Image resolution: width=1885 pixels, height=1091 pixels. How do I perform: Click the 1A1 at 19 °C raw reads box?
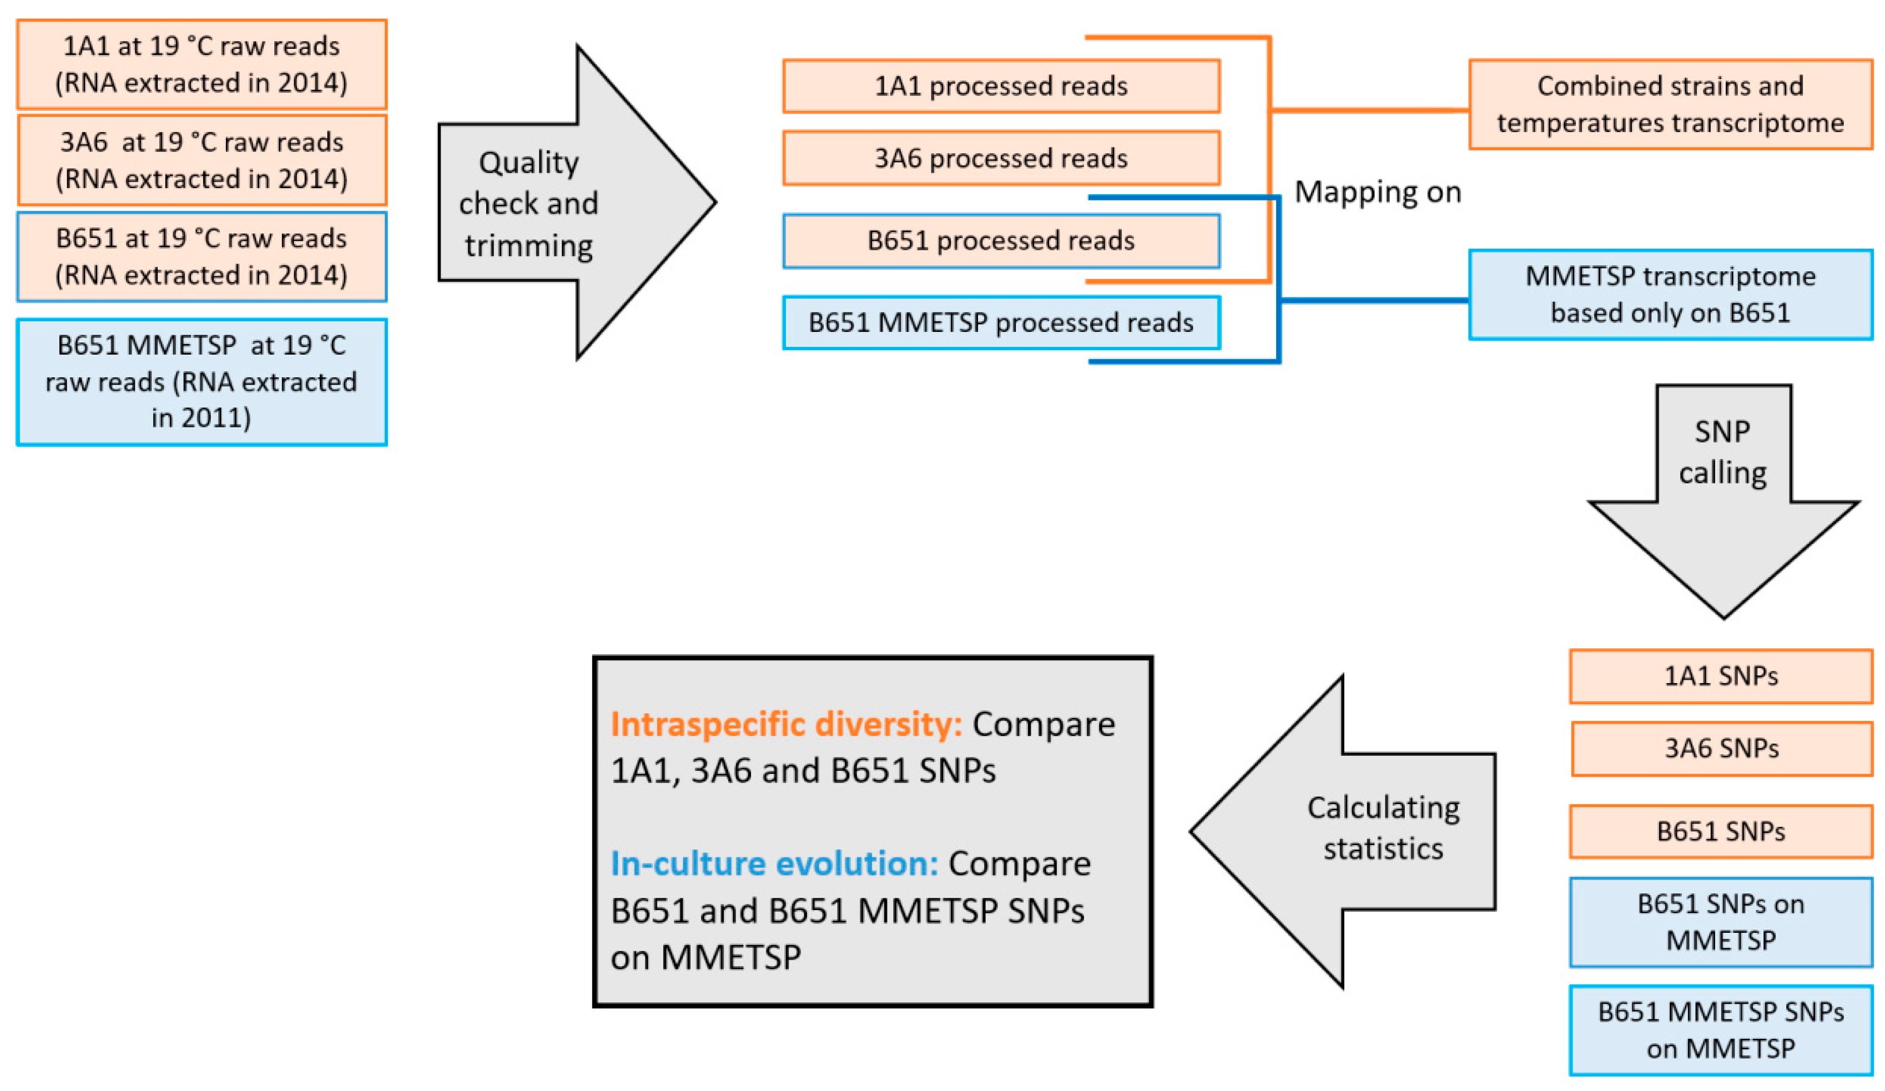(201, 64)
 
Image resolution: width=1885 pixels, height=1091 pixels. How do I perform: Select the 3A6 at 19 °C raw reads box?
(201, 160)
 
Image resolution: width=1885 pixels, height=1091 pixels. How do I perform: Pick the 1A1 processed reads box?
(1001, 86)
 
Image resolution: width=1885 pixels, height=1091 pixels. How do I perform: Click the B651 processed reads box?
(1001, 241)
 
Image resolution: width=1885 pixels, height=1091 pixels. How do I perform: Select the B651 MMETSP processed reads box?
(1001, 322)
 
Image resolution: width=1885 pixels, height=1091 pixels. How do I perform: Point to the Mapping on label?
(1377, 192)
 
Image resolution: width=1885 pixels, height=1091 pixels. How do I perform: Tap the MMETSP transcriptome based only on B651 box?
(1670, 294)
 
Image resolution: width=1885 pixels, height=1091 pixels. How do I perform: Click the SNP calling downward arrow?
(1723, 486)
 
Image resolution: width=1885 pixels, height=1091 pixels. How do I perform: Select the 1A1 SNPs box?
(1721, 676)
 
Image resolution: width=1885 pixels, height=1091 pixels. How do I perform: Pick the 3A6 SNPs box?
(1721, 749)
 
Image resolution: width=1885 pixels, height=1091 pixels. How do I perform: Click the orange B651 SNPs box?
(1721, 831)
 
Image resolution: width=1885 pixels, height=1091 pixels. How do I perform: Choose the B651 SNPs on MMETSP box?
(1721, 921)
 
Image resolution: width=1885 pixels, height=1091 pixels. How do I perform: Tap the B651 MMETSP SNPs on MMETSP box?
(1721, 1030)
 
